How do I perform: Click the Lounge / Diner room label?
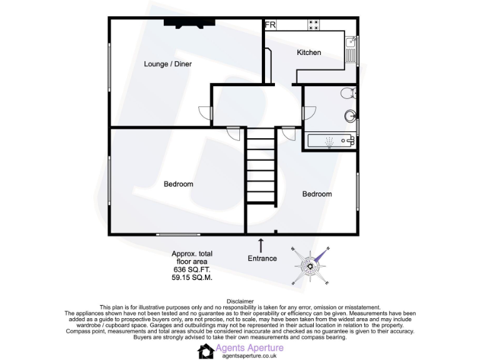167,64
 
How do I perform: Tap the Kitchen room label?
309,52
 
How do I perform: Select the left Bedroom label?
178,184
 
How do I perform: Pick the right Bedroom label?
317,194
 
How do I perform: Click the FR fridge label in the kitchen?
271,25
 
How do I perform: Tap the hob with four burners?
313,25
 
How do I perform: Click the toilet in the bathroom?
349,94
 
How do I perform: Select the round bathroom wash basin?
350,116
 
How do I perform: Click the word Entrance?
262,258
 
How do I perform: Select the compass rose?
309,266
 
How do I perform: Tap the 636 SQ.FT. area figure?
192,270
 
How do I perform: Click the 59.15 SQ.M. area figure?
192,278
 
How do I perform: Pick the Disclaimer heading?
240,300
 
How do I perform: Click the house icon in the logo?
206,351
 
